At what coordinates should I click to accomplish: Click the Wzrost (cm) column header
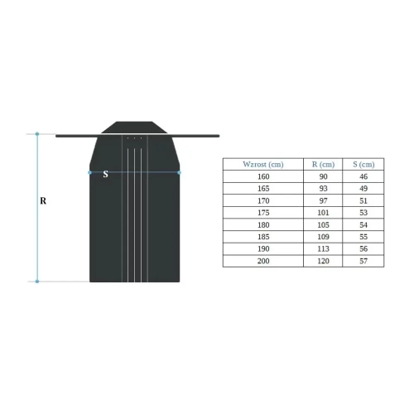pos(263,164)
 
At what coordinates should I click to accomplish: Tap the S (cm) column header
pos(363,164)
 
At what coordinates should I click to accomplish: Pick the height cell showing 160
pos(263,176)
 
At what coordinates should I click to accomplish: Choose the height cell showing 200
pos(263,262)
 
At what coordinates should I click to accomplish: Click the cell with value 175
pos(263,213)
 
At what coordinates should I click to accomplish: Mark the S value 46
pos(363,176)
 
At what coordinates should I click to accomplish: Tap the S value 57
pos(363,262)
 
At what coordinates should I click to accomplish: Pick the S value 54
pos(363,225)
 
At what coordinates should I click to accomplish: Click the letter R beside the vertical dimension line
pos(43,200)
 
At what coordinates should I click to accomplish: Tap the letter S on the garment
pos(105,175)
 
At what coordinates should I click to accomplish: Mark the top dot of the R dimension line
pos(37,133)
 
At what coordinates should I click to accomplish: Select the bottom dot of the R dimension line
pos(37,282)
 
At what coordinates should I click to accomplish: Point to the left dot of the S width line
pos(90,172)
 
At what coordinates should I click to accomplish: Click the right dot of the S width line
pos(180,172)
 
